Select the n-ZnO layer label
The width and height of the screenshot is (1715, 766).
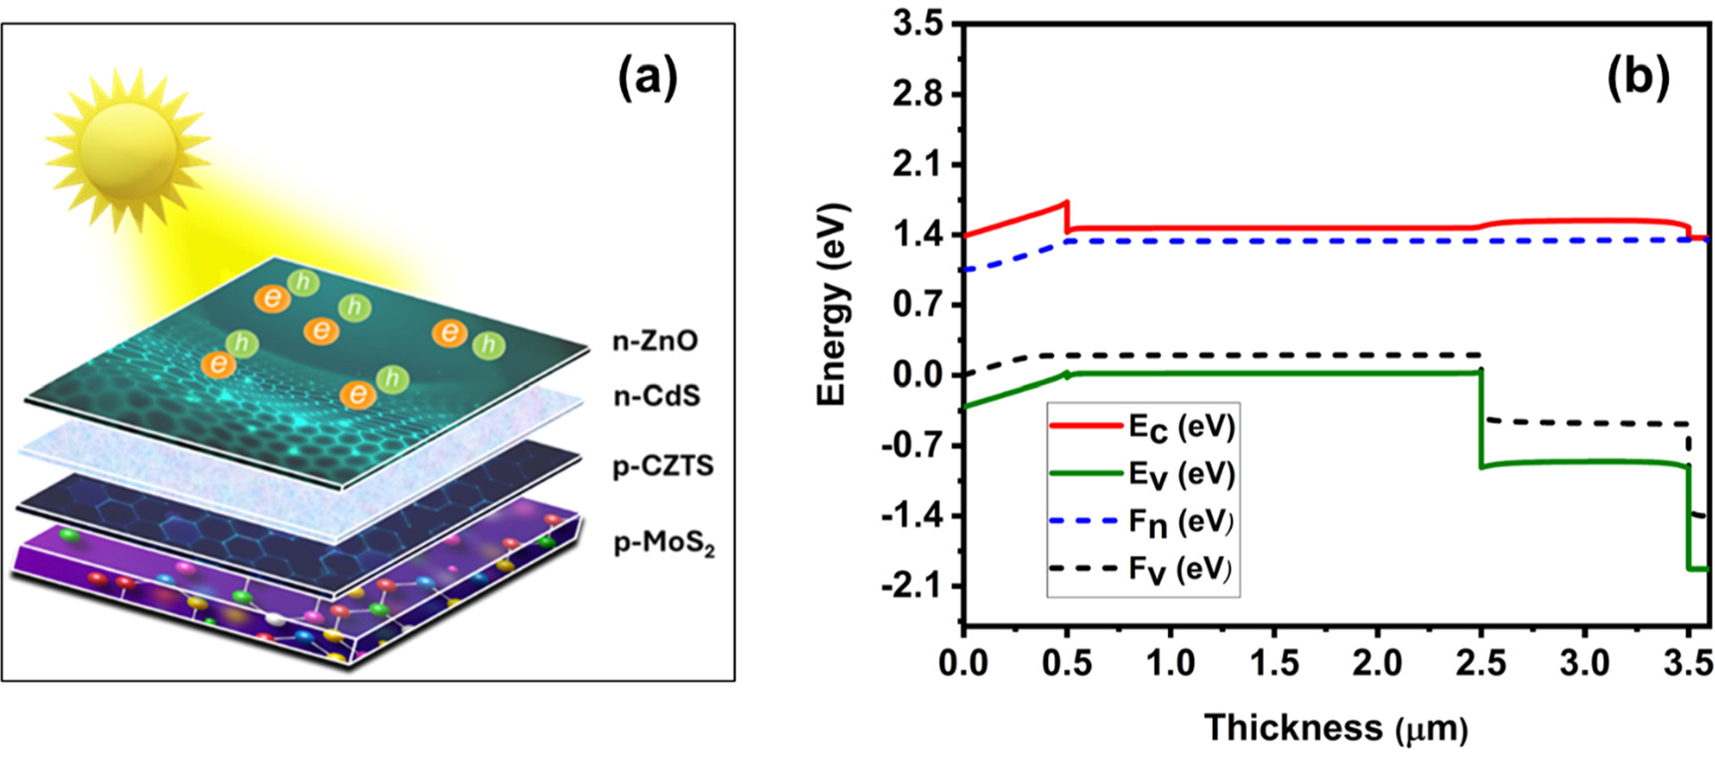[655, 342]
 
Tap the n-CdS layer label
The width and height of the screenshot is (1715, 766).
[656, 396]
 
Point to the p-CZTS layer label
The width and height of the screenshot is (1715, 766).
[663, 466]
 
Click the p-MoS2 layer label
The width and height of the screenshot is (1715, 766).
[664, 544]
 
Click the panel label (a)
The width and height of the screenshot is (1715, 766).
[647, 78]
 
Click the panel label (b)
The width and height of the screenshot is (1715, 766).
[1637, 78]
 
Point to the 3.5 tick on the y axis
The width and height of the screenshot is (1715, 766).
[918, 24]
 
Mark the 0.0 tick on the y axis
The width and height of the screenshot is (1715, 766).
[918, 376]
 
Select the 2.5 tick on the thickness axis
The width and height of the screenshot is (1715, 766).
[1481, 663]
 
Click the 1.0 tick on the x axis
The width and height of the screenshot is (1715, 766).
[1170, 663]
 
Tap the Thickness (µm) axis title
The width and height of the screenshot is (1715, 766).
[1336, 728]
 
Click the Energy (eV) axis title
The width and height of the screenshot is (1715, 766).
[832, 305]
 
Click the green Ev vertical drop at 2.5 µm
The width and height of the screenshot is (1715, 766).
[1481, 419]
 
